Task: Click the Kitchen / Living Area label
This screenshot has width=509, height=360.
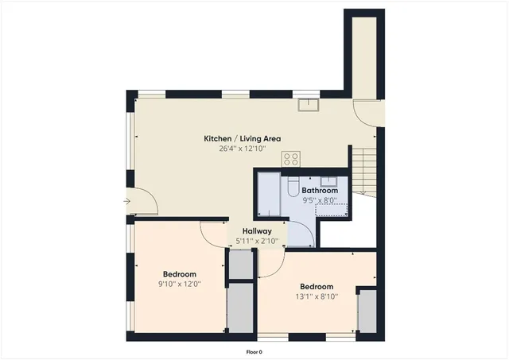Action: pyautogui.click(x=242, y=138)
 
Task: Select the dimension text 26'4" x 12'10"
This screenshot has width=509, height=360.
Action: pyautogui.click(x=242, y=149)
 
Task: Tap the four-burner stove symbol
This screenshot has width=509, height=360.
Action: pyautogui.click(x=290, y=158)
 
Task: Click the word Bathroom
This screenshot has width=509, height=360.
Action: pyautogui.click(x=320, y=191)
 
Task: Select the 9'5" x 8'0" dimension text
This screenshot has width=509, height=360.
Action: pyautogui.click(x=320, y=201)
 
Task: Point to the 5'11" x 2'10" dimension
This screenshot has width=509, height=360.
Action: pyautogui.click(x=257, y=241)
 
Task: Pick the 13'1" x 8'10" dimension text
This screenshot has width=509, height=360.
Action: pyautogui.click(x=317, y=296)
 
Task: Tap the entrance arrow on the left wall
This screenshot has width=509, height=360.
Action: pyautogui.click(x=126, y=202)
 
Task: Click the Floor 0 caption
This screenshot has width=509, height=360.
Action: pyautogui.click(x=254, y=351)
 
